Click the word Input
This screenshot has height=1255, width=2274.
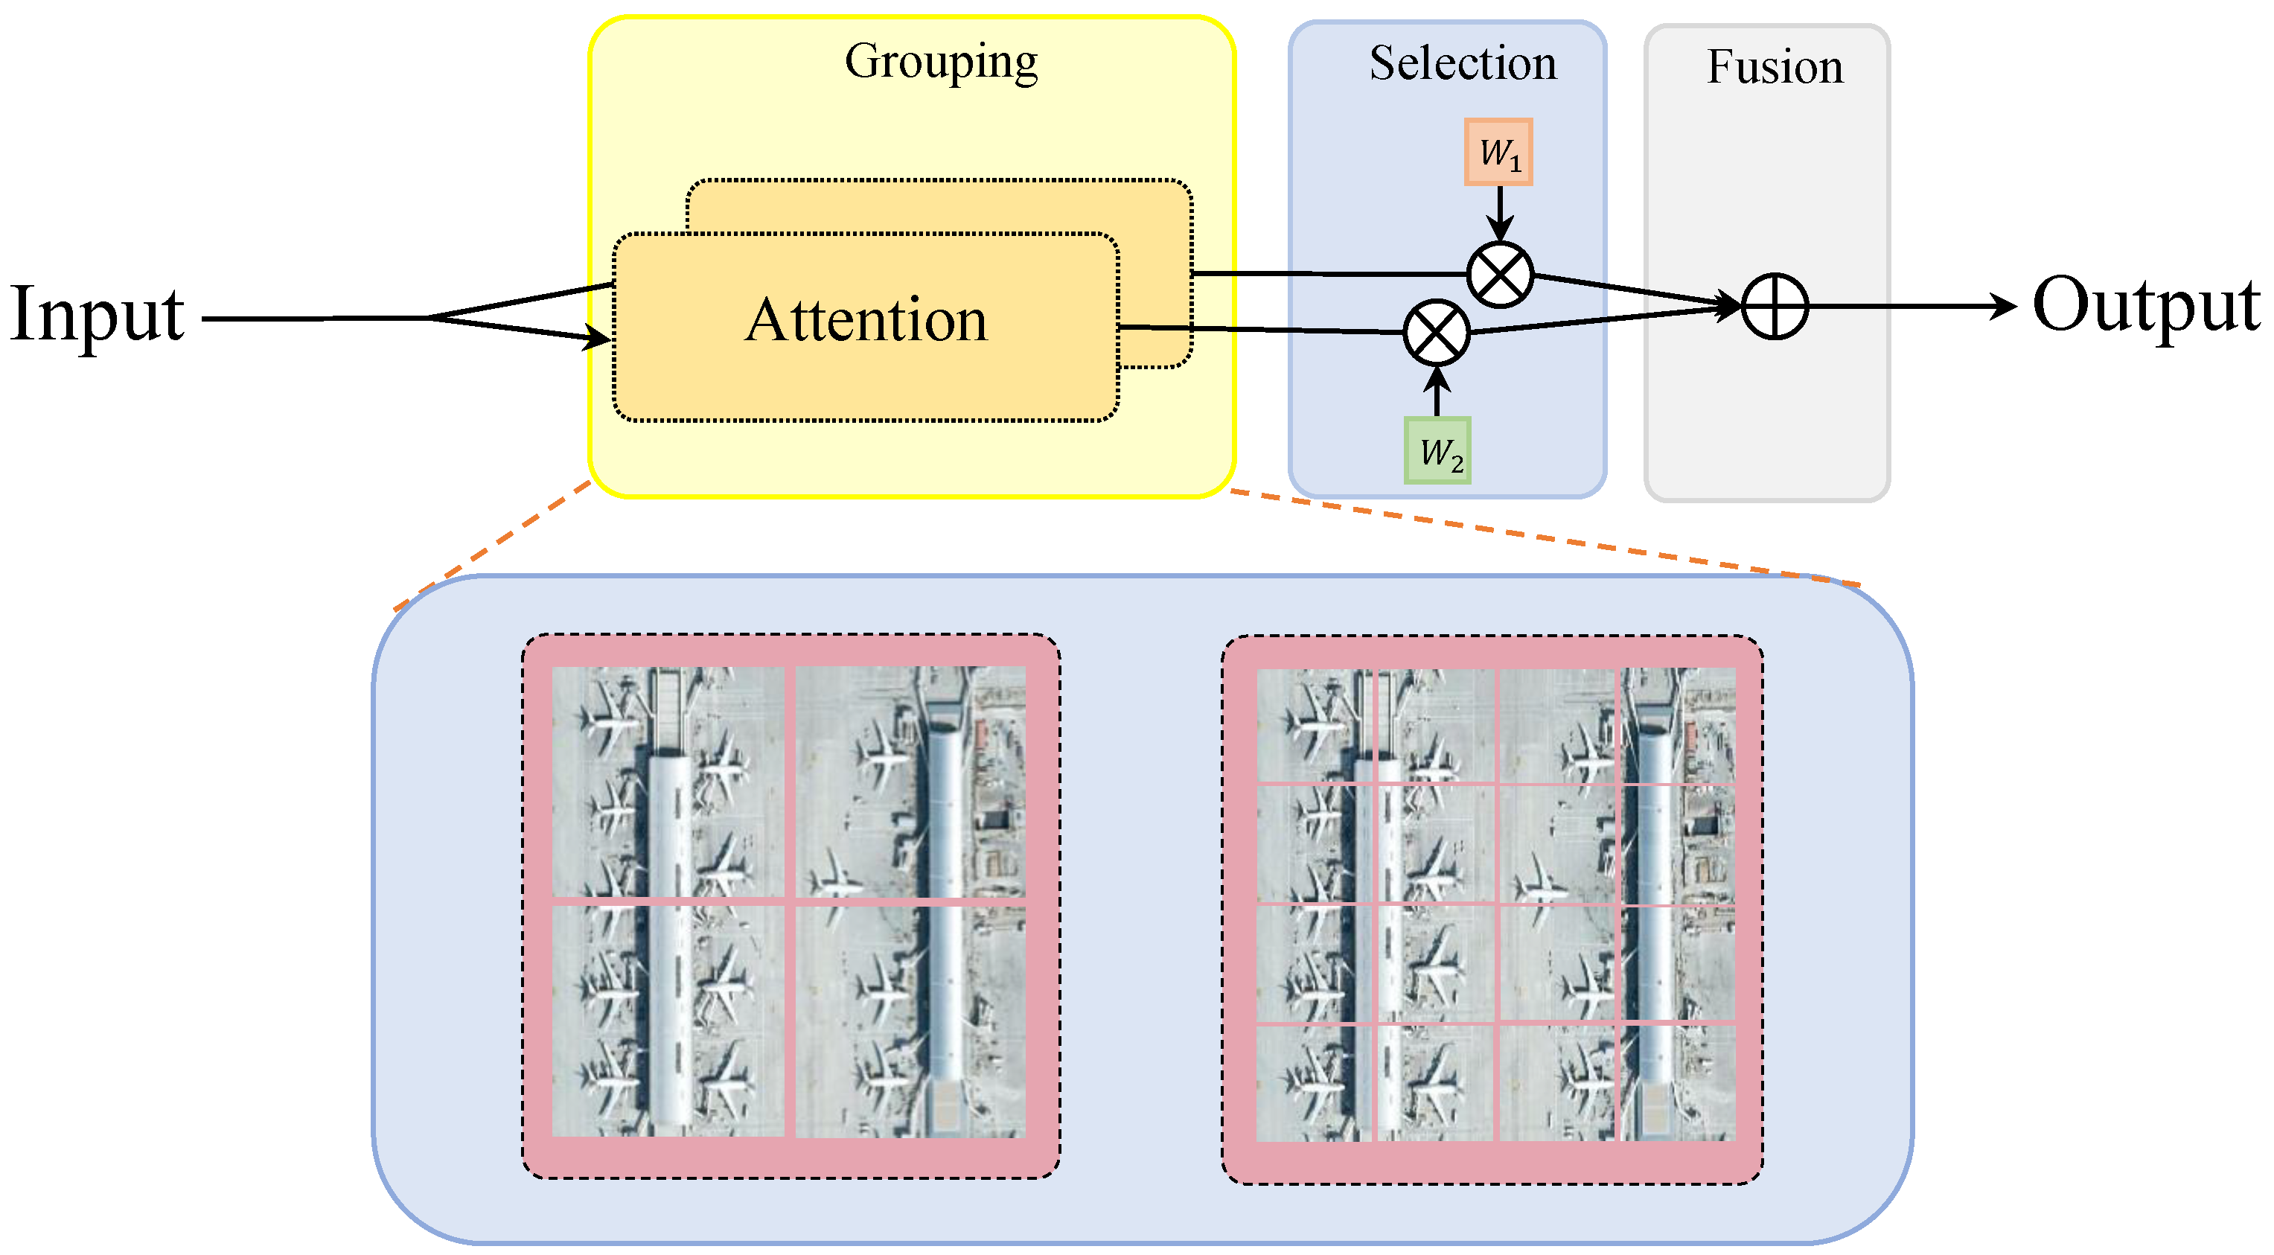(97, 315)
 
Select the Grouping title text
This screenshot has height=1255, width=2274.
(941, 62)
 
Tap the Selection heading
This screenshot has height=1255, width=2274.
(1463, 63)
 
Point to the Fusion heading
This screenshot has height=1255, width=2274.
(1775, 67)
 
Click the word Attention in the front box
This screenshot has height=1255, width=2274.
(866, 319)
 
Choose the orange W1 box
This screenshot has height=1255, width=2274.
(1499, 153)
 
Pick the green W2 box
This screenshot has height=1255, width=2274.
(1437, 451)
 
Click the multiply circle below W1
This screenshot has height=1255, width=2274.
(1500, 275)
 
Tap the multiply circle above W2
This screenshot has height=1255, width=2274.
(1437, 333)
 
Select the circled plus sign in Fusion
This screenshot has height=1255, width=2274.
(1775, 306)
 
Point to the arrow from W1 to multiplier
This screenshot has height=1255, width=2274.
(1500, 213)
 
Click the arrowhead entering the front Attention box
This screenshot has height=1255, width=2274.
(598, 337)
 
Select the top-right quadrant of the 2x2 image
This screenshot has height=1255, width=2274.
(910, 781)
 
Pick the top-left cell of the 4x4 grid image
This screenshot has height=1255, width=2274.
(1315, 726)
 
